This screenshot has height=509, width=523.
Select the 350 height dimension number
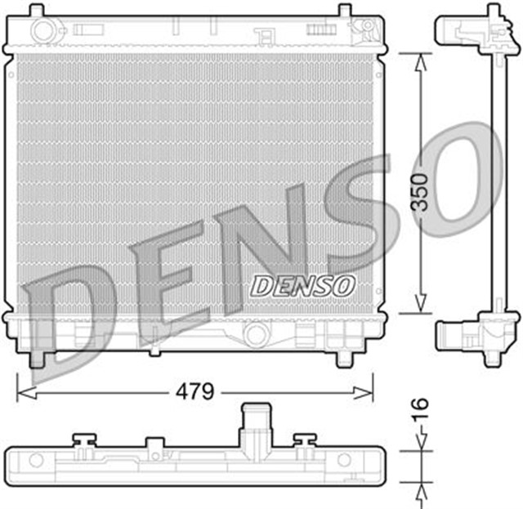[419, 192]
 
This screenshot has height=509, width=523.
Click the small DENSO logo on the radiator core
[302, 285]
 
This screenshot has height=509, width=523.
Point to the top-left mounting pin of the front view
[37, 11]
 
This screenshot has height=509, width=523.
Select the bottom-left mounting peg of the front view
[37, 358]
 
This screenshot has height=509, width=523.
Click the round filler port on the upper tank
[41, 31]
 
